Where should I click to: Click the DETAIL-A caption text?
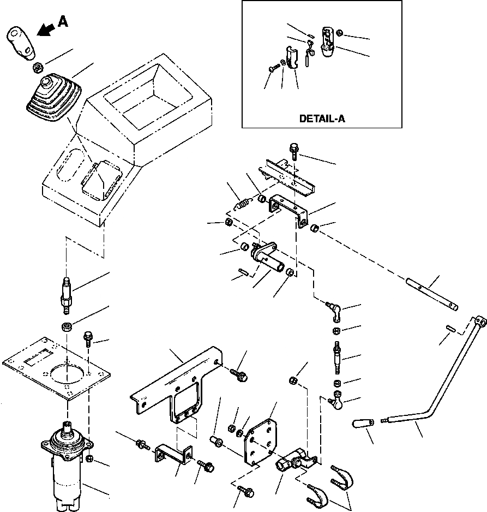[x=322, y=118]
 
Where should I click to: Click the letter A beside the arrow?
[x=63, y=21]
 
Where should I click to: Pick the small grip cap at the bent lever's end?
[x=363, y=424]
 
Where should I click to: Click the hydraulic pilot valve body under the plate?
[x=67, y=466]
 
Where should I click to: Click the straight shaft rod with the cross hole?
[x=432, y=294]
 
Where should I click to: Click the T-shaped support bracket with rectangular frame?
[x=176, y=385]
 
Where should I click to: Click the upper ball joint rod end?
[x=333, y=309]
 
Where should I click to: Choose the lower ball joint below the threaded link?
[x=337, y=400]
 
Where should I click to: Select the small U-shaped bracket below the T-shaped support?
[x=173, y=455]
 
